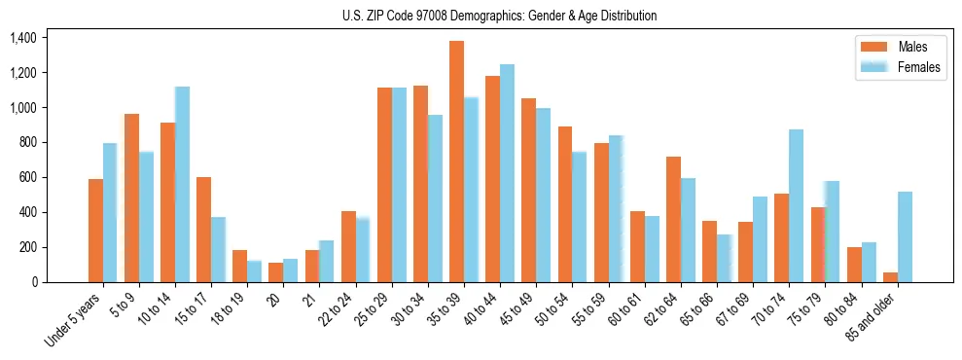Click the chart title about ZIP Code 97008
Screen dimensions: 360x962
point(499,16)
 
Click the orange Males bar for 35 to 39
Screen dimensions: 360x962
point(456,162)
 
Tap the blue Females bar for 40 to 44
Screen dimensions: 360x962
point(507,173)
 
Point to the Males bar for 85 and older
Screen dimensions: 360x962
point(890,277)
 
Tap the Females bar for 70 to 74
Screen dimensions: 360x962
point(796,205)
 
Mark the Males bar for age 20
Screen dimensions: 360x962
point(275,272)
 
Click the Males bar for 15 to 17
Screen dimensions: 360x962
point(203,230)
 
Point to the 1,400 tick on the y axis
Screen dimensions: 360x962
point(22,38)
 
